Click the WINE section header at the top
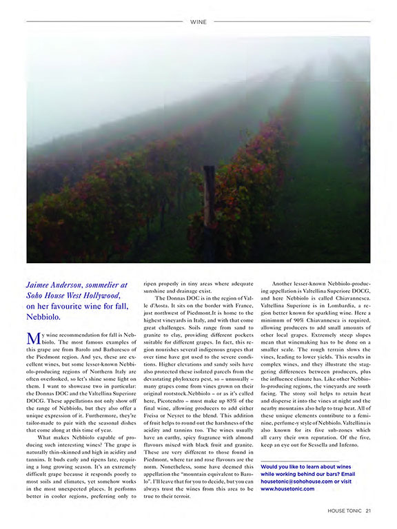click(x=198, y=21)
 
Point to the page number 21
click(x=369, y=510)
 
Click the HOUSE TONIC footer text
click(x=345, y=510)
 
